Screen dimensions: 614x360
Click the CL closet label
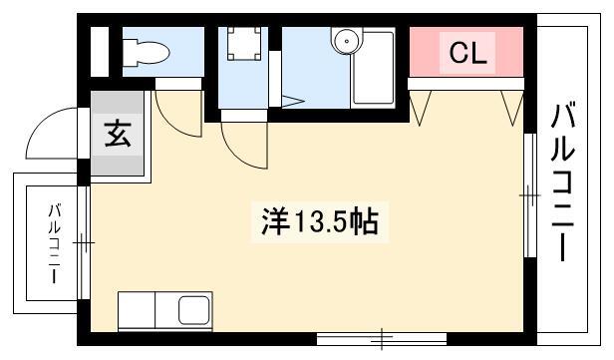tap(467, 53)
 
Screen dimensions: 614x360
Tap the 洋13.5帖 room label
tap(320, 222)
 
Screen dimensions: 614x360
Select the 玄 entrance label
tap(118, 134)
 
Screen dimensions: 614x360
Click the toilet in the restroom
tap(146, 53)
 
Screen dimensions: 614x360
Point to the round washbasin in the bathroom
tap(347, 40)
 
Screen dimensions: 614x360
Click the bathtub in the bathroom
tap(373, 68)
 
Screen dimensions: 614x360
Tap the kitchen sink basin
tap(193, 310)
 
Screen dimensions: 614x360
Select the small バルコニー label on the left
tap(54, 243)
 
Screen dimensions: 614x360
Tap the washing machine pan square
tap(244, 44)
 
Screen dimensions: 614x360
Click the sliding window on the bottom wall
tap(382, 338)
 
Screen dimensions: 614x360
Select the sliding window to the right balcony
tap(530, 195)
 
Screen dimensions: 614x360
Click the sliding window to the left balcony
tap(83, 243)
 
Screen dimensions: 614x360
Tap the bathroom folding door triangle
tap(292, 101)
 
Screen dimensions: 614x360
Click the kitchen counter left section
tap(137, 310)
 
